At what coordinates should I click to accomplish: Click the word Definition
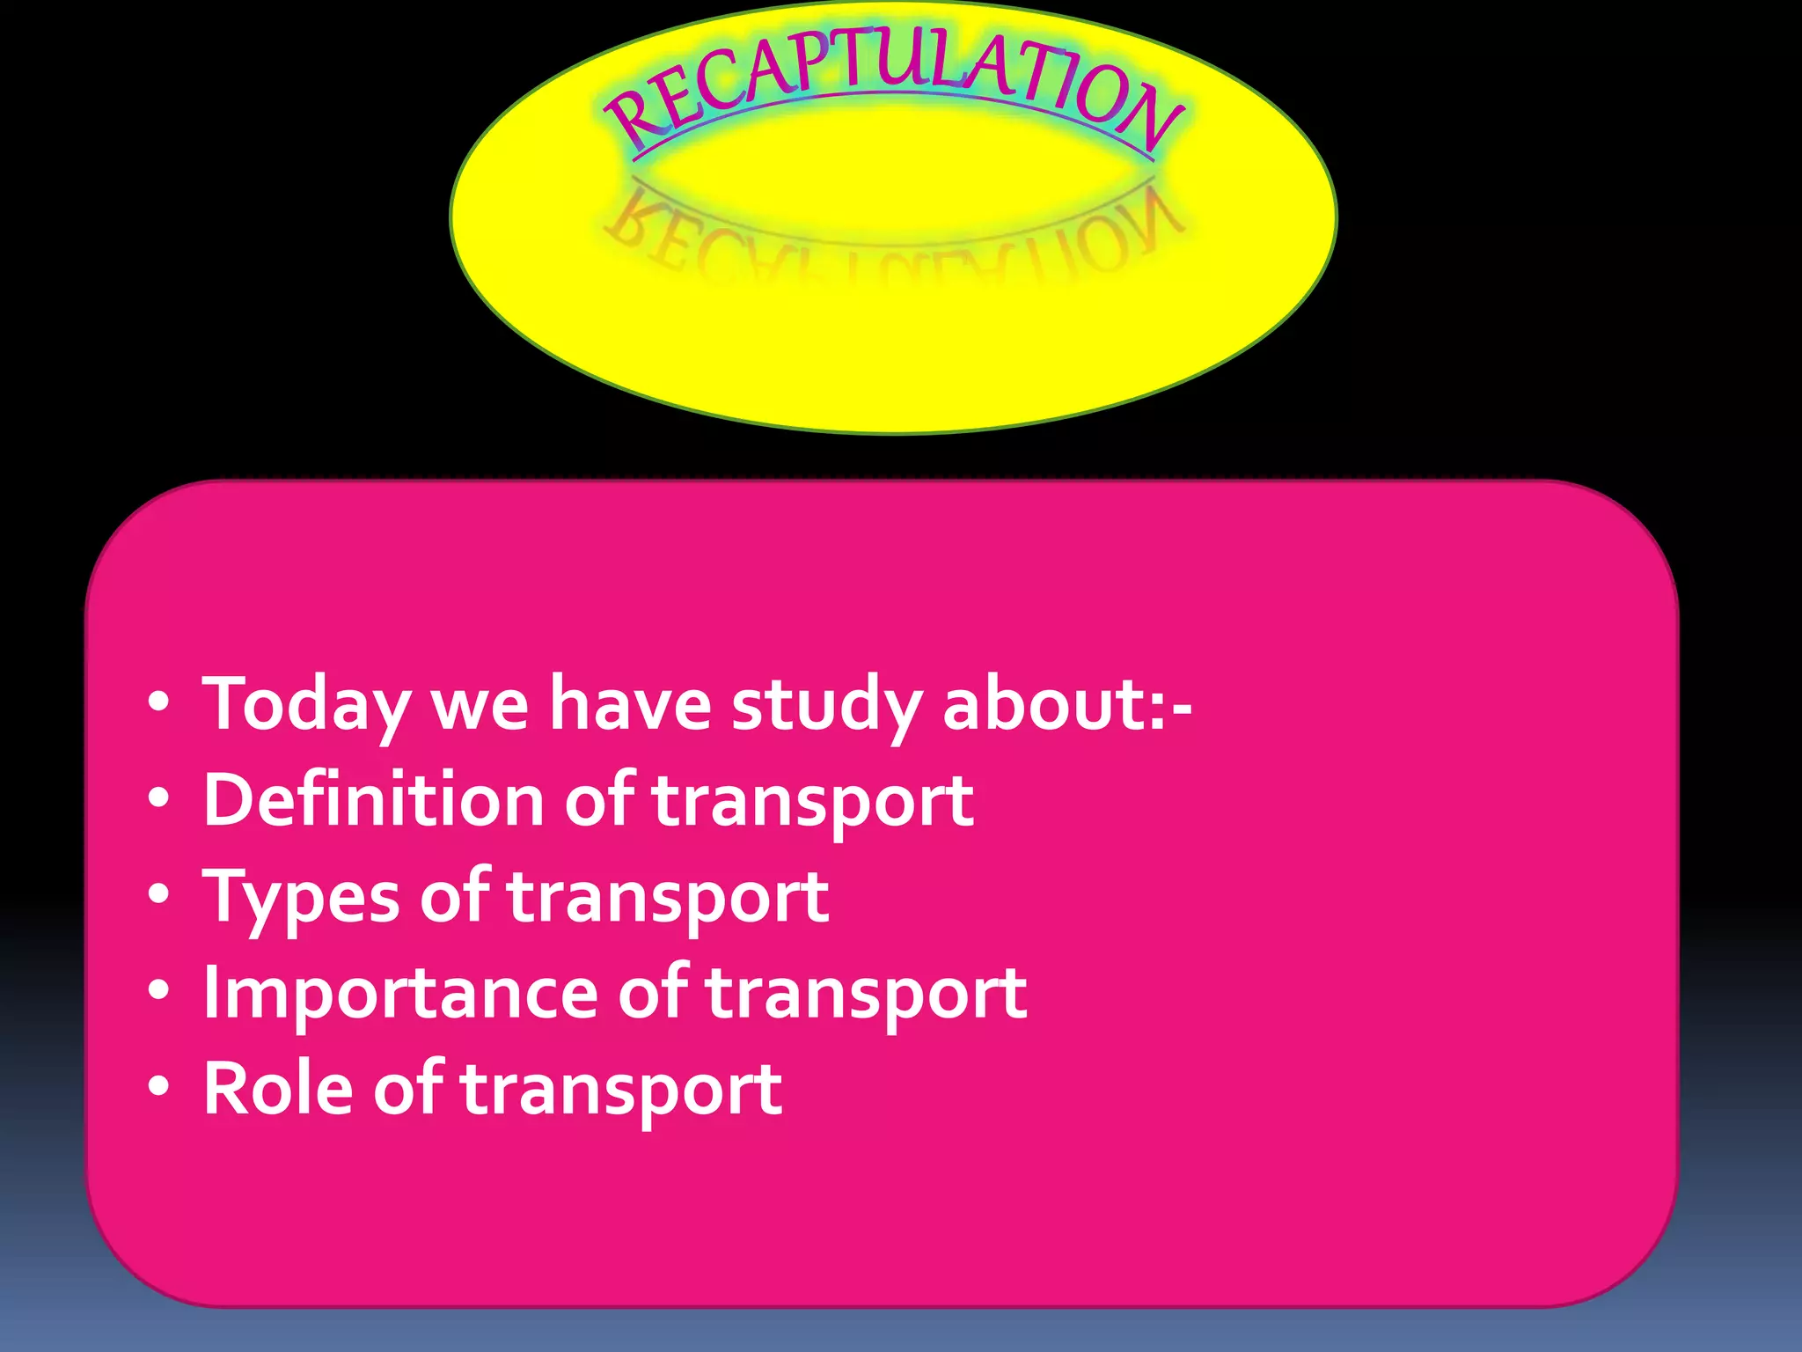374,800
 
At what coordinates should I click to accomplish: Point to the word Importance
401,993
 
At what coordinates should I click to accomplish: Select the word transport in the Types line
669,899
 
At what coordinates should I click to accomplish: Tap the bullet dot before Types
158,895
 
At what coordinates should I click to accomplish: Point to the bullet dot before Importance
158,991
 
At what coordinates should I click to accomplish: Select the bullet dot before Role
158,1087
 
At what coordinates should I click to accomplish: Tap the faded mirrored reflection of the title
893,238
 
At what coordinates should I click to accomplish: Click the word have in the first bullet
630,704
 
